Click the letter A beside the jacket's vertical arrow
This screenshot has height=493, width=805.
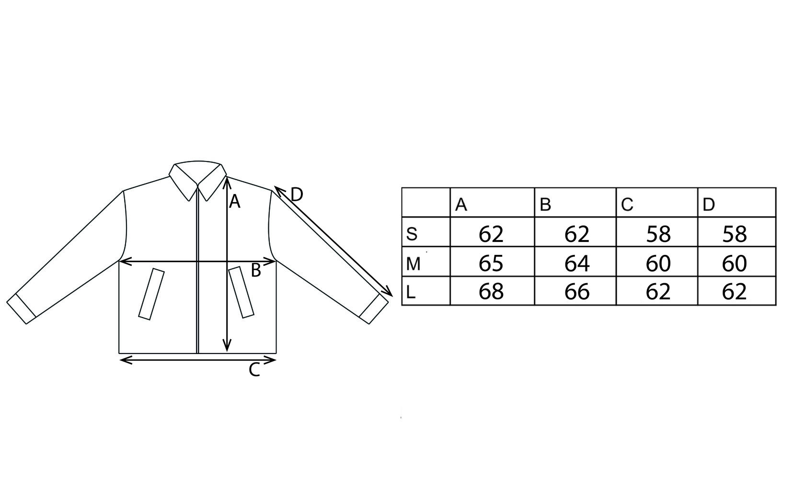pos(234,202)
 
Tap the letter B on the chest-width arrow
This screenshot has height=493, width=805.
pos(256,271)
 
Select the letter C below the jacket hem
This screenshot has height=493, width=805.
pos(254,370)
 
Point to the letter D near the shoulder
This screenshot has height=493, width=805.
pos(297,195)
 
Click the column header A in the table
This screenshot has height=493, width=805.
pos(461,205)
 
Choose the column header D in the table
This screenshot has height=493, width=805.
pos(709,205)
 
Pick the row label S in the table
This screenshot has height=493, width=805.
pos(412,234)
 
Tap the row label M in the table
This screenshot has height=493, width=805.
pos(413,264)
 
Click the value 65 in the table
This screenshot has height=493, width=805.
pos(491,263)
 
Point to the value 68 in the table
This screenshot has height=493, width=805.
pos(491,292)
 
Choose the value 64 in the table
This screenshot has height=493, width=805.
pos(576,263)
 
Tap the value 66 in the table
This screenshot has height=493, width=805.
pos(576,292)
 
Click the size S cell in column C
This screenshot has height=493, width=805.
pos(658,234)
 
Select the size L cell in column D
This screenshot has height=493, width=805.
pos(735,292)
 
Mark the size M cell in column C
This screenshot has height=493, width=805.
pos(658,263)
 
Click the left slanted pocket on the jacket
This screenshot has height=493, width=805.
pos(151,294)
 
